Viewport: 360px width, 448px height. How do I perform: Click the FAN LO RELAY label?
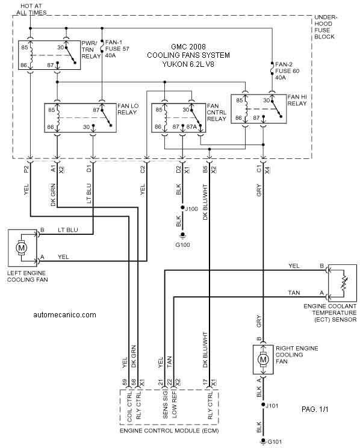click(128, 109)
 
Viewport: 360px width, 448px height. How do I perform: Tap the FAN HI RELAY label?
click(297, 100)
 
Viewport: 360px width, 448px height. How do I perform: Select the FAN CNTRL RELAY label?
click(217, 112)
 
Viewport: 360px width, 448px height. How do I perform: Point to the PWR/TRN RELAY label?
click(91, 50)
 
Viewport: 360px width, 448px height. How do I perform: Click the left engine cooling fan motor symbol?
click(22, 247)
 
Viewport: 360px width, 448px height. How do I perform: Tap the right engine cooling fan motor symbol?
click(263, 359)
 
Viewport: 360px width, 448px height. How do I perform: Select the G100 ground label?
click(182, 245)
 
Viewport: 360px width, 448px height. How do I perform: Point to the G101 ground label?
click(275, 442)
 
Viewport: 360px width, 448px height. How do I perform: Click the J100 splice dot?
click(182, 208)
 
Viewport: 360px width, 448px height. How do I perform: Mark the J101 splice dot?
click(263, 405)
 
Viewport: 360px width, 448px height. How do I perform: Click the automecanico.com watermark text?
click(64, 315)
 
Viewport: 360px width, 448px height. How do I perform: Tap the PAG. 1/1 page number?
click(315, 409)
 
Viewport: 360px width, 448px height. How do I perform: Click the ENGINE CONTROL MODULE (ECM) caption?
click(169, 431)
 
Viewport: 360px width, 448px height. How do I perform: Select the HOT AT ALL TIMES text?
click(31, 9)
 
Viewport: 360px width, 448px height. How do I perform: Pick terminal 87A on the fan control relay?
click(191, 126)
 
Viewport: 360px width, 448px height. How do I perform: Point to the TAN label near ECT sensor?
click(294, 293)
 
